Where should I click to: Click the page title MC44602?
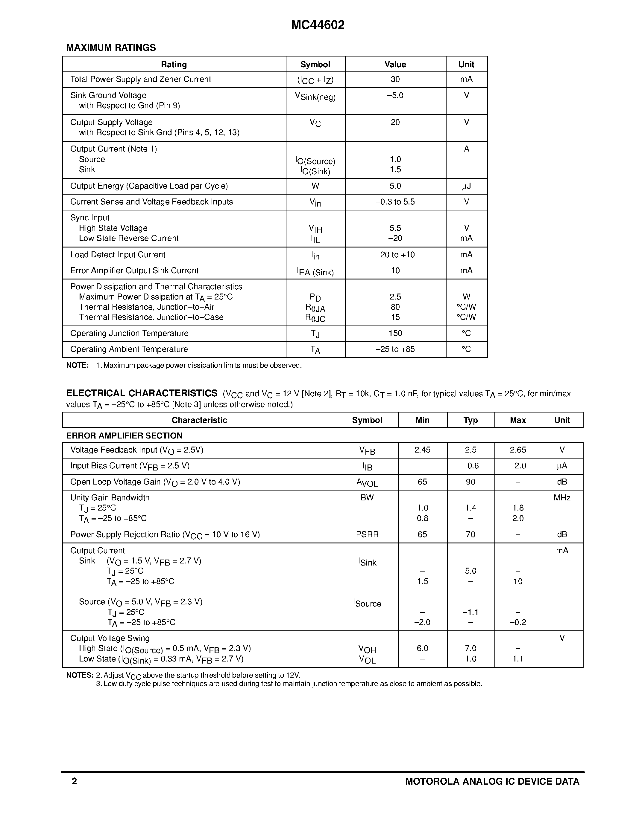point(318,25)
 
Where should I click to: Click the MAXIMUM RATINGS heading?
point(111,48)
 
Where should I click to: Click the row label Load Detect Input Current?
point(118,255)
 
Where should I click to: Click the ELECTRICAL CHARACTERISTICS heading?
point(142,393)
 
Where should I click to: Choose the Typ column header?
point(470,420)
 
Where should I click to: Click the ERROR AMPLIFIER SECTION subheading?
point(124,436)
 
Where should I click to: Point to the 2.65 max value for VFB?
point(518,450)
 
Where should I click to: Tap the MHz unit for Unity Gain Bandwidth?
point(562,498)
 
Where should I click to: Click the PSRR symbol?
point(367,535)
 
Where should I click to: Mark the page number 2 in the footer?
point(74,781)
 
